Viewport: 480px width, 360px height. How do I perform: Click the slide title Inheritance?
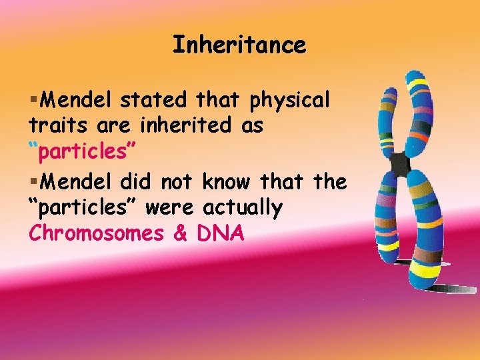pyautogui.click(x=239, y=45)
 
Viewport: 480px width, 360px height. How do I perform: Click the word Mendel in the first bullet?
pyautogui.click(x=77, y=100)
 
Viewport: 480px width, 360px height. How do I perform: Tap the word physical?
pyautogui.click(x=289, y=101)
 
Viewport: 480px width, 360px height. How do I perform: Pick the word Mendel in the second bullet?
pyautogui.click(x=77, y=181)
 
